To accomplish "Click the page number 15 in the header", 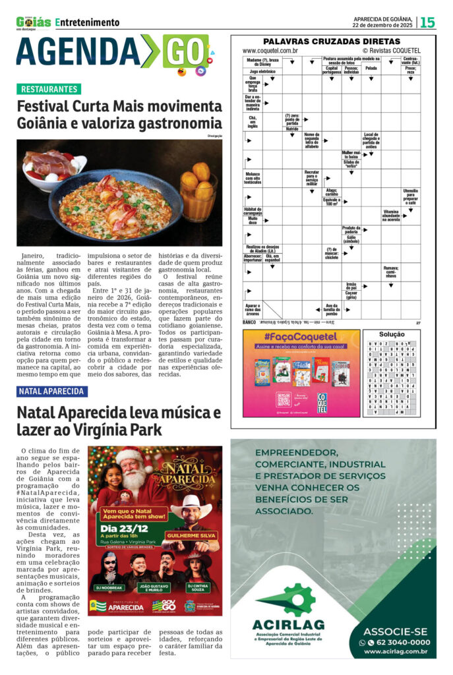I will pos(429,22).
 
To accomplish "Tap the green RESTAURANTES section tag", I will pos(49,89).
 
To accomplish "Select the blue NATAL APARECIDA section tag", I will pos(52,391).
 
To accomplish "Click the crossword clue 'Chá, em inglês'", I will pos(253,121).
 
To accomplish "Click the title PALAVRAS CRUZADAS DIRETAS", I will pos(332,41).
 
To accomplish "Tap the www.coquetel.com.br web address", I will pos(270,50).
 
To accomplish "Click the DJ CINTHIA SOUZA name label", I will pos(199,586).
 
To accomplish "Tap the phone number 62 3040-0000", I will pos(398,642).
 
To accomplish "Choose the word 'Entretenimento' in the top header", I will pos(88,22).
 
